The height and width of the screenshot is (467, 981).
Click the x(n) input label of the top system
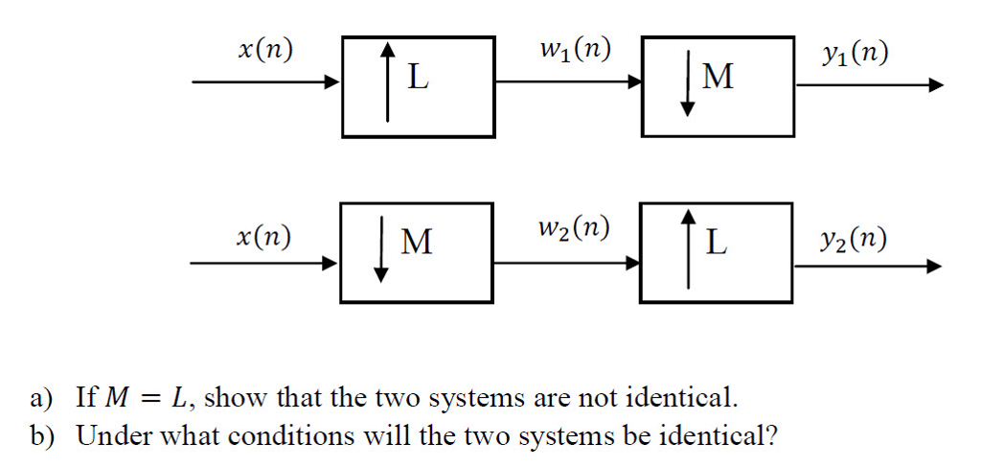pos(265,53)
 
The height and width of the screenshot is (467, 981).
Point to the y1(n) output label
pos(855,54)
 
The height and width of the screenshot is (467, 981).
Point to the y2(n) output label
pos(854,237)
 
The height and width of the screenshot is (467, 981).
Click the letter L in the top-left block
pos(418,77)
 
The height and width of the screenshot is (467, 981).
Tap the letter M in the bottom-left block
pos(416,243)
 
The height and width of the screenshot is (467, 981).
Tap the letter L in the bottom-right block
pos(716,243)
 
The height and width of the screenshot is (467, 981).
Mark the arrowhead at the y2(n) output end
pos(934,266)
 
